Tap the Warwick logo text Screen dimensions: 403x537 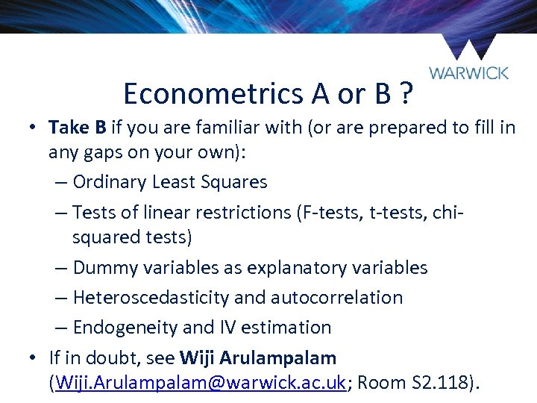pos(469,73)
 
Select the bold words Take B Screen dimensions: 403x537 pos(78,128)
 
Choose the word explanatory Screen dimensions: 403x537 pos(310,267)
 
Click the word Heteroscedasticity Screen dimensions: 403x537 pos(151,297)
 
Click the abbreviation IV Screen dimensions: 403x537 pos(230,327)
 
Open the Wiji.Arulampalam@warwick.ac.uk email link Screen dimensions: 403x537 pos(198,383)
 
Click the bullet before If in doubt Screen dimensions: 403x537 pos(34,357)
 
